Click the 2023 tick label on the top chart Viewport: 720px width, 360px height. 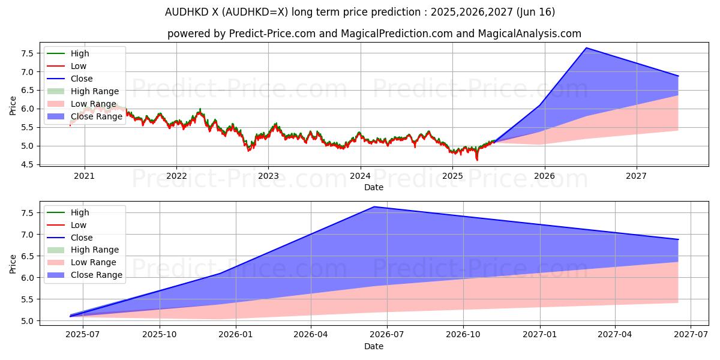[268, 176]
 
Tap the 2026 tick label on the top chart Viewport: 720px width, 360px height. [544, 176]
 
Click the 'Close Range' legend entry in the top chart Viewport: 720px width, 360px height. [96, 116]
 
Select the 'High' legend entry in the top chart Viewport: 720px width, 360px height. [80, 53]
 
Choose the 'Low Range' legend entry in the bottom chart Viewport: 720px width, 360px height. [94, 262]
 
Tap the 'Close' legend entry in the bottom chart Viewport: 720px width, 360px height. [82, 238]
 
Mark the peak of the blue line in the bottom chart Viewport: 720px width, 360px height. [374, 207]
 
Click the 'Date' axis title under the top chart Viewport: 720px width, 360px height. [374, 187]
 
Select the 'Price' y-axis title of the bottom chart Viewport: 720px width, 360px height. [13, 263]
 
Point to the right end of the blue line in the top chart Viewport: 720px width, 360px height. [678, 76]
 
